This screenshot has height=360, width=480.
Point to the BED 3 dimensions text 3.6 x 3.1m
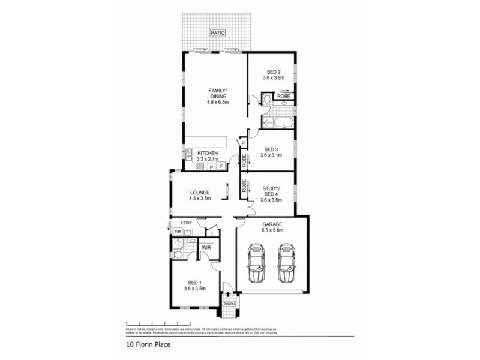tap(272, 155)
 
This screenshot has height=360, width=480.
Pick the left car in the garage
tap(257, 264)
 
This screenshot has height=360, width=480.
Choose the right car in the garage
tap(287, 264)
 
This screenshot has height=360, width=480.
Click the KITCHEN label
tap(207, 154)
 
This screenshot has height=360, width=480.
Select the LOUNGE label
tap(200, 193)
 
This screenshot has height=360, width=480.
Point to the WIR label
tap(206, 247)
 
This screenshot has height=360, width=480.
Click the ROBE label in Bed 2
tap(283, 96)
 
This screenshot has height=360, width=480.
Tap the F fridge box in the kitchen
tap(221, 165)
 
